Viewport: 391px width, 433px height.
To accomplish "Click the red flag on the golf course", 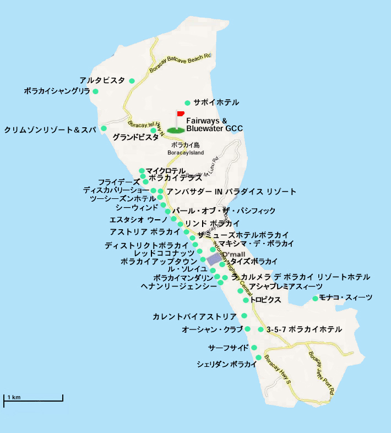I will click(180, 114).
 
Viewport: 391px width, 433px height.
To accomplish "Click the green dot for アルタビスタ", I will click(132, 81).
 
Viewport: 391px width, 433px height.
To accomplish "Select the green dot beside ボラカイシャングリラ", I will click(95, 91).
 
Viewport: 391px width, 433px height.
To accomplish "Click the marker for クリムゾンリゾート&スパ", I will click(104, 128).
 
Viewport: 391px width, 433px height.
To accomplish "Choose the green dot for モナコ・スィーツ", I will click(315, 299).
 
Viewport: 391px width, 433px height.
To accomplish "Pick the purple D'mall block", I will click(215, 259).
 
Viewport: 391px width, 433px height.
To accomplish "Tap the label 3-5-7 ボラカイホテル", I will click(303, 329).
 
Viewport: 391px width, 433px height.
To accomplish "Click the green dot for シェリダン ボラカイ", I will click(258, 358).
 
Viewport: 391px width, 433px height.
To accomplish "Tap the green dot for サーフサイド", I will click(254, 348).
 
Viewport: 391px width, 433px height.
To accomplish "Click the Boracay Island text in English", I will click(186, 153).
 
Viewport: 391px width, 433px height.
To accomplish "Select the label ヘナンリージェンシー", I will click(179, 286).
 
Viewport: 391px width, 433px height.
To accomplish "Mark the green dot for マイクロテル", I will click(142, 171).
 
